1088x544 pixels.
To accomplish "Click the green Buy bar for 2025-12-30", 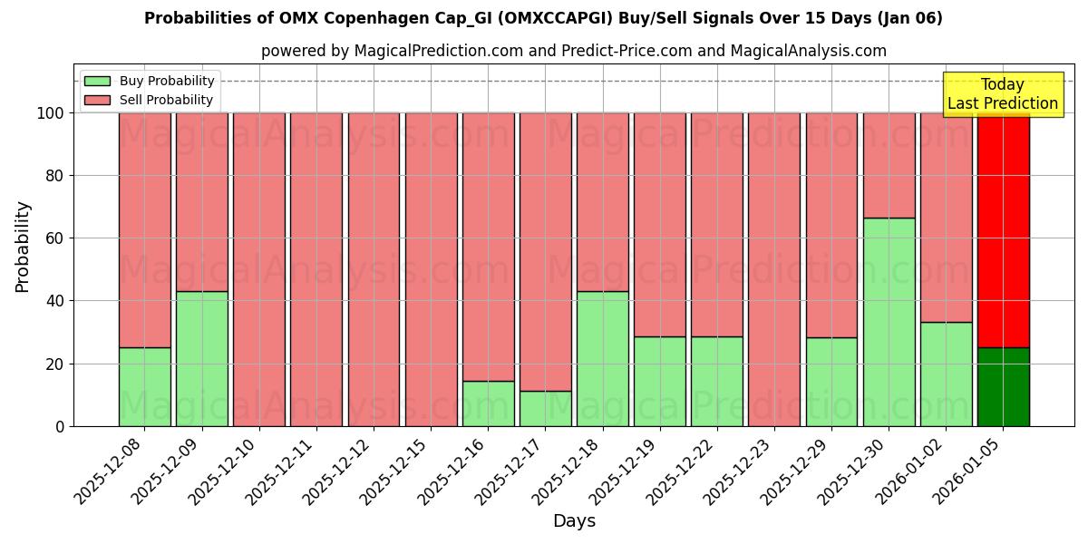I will (x=889, y=322).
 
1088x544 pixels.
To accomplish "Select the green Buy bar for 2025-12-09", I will (x=201, y=358).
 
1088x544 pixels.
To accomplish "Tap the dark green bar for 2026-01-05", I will (x=1003, y=386).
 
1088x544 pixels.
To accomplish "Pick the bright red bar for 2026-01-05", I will (x=1003, y=230).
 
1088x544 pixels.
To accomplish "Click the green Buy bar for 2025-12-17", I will (x=545, y=408).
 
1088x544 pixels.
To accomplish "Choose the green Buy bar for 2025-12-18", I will (x=602, y=358).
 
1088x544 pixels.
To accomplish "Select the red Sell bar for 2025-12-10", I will (x=258, y=269).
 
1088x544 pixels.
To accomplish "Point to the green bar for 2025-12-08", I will (x=144, y=386).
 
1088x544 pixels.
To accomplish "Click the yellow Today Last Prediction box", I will (x=1002, y=94).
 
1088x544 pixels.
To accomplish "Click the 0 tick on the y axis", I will (x=60, y=426).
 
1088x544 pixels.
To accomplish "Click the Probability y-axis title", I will (x=24, y=247).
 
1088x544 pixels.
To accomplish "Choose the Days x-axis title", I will (x=574, y=521).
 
